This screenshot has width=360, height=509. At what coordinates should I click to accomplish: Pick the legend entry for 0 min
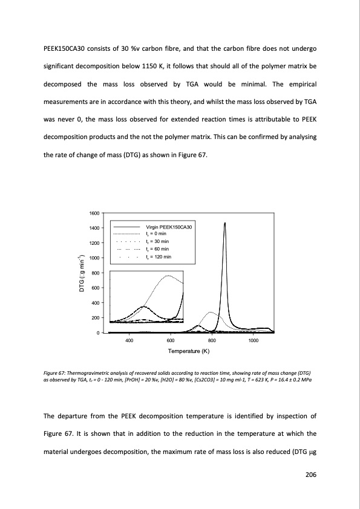click(x=158, y=234)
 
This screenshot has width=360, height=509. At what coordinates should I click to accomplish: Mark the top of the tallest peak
click(x=225, y=222)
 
